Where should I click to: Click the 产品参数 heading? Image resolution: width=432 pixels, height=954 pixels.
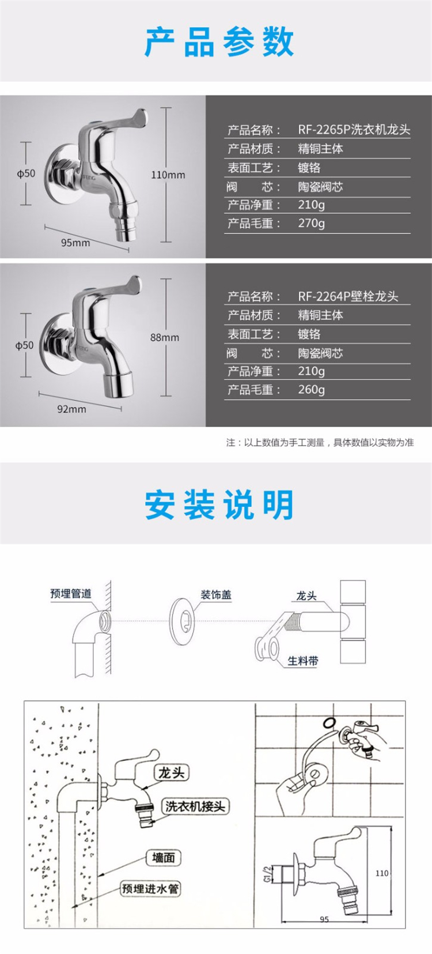[219, 42]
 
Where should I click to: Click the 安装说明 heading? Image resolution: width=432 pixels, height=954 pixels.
[219, 505]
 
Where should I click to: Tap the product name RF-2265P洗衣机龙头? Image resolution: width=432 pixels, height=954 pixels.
[354, 130]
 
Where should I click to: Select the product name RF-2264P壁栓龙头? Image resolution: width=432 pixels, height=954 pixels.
[348, 296]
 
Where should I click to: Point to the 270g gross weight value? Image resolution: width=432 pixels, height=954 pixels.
[311, 223]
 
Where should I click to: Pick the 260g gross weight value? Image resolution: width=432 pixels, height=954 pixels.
[311, 389]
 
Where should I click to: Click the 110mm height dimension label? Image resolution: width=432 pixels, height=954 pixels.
[168, 175]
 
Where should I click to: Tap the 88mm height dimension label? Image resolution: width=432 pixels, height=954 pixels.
[165, 337]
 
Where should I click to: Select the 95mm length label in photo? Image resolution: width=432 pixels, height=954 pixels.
[75, 243]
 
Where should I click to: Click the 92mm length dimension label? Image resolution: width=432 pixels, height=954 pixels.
[71, 409]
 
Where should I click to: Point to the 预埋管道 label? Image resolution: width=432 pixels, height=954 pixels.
[71, 593]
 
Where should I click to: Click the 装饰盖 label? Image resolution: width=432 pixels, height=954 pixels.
[216, 594]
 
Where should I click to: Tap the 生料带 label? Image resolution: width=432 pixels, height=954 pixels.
[302, 661]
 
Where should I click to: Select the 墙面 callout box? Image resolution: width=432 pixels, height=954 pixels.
[164, 857]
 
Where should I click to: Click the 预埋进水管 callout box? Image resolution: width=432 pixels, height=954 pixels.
[151, 888]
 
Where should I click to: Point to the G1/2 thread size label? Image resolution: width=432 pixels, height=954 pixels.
[267, 873]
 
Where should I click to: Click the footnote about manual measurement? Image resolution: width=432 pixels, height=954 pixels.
[320, 443]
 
